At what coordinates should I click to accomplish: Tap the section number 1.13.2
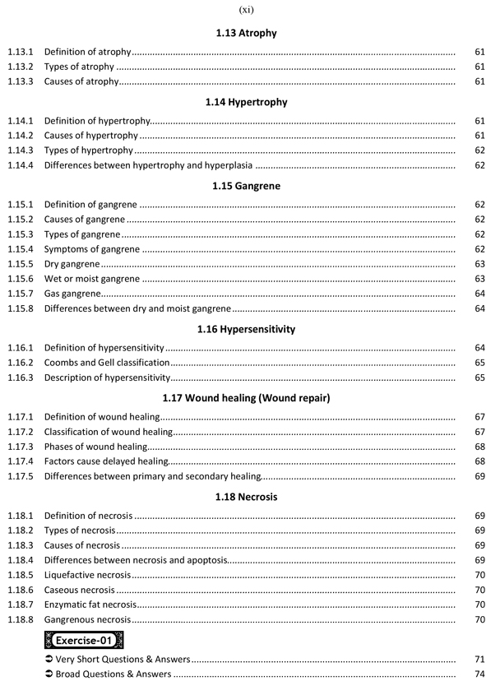click(20, 67)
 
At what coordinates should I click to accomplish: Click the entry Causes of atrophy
click(82, 81)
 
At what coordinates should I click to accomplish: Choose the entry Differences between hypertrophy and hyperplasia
click(160, 166)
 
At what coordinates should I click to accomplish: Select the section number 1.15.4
click(20, 249)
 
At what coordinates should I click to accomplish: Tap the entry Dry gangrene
click(72, 264)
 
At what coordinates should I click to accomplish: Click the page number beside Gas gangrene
click(480, 294)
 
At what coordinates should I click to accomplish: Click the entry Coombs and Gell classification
click(107, 363)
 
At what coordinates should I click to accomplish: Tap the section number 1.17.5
click(20, 476)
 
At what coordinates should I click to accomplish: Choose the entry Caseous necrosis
click(80, 590)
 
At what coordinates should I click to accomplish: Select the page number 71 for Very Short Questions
click(480, 660)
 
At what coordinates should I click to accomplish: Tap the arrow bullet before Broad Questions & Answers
click(49, 674)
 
